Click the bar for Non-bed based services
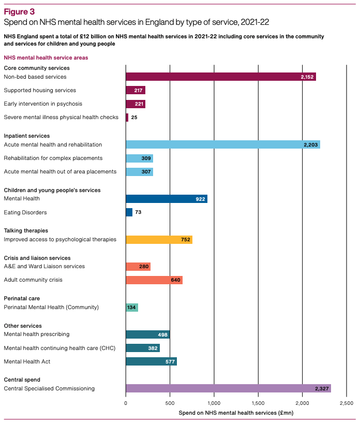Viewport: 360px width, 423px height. [x=221, y=77]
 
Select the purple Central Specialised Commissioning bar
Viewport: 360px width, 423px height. [x=228, y=388]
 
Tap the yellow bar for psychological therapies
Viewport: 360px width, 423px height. [x=159, y=240]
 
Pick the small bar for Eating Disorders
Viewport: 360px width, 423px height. [x=129, y=212]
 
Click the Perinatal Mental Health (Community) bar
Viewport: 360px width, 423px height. [x=132, y=308]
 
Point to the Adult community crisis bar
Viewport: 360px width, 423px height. [x=154, y=280]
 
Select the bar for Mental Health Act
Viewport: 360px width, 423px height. [x=151, y=361]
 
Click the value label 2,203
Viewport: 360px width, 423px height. [x=311, y=145]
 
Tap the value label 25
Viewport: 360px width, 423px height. [x=134, y=118]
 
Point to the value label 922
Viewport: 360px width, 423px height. [x=200, y=199]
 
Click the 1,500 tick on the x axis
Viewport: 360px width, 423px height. [x=258, y=403]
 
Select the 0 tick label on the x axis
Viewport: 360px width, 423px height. [x=126, y=403]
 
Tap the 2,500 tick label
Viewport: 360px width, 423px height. [x=347, y=403]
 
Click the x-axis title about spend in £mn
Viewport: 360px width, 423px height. [x=236, y=413]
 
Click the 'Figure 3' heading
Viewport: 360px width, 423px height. [x=19, y=11]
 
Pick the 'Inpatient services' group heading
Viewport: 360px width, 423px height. [x=27, y=136]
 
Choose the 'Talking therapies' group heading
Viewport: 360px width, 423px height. [x=26, y=230]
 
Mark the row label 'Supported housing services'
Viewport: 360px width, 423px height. [x=40, y=91]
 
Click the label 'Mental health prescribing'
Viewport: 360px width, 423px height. [x=37, y=334]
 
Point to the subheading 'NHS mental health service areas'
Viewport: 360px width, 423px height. [x=46, y=58]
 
